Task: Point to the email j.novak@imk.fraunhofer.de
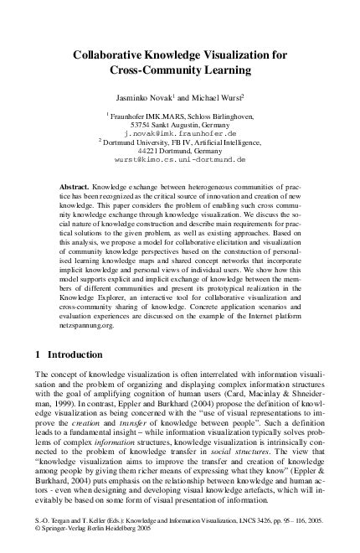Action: (x=180, y=133)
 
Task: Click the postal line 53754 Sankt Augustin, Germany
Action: (x=180, y=124)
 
